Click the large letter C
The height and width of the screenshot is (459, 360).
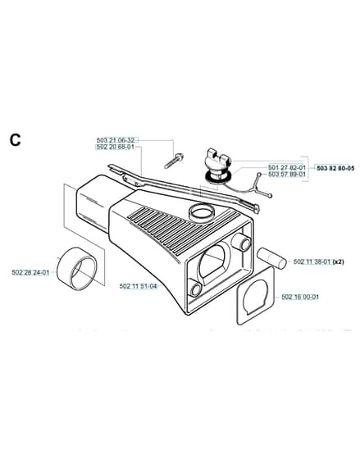coord(16,140)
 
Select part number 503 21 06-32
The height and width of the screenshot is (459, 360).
coord(115,140)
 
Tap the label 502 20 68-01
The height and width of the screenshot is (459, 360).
coord(115,147)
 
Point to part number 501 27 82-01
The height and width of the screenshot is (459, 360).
coord(287,168)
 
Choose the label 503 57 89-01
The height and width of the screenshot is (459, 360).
coord(287,174)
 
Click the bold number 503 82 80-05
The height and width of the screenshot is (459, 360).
coord(335,168)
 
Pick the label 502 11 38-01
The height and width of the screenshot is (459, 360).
coord(312,261)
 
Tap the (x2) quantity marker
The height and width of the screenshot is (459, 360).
coord(339,261)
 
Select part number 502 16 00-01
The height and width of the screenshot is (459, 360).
coord(300,297)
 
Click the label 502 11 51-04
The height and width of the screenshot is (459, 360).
coord(139,286)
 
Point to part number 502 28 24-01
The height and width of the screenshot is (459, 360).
coord(30,272)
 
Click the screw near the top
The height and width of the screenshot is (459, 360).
coord(174,161)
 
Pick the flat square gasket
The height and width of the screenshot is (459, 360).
coord(257,295)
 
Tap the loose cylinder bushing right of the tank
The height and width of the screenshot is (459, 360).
coord(272,258)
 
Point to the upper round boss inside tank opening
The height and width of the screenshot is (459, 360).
coord(241,243)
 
